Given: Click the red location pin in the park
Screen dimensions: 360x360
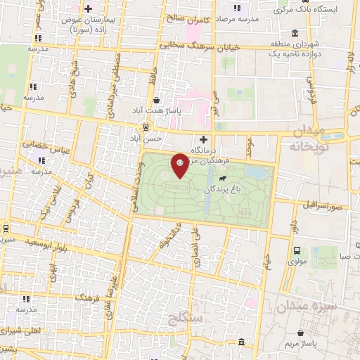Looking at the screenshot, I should [180, 165].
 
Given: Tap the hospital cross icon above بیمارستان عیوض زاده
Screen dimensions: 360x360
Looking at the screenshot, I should [88, 8].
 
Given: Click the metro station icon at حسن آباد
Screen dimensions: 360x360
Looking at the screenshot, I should [146, 127].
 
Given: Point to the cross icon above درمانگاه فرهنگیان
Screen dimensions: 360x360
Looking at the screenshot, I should [203, 139].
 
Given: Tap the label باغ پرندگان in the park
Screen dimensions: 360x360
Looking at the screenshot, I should [222, 189].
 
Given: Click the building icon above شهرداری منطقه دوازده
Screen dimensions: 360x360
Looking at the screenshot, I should [294, 34].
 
